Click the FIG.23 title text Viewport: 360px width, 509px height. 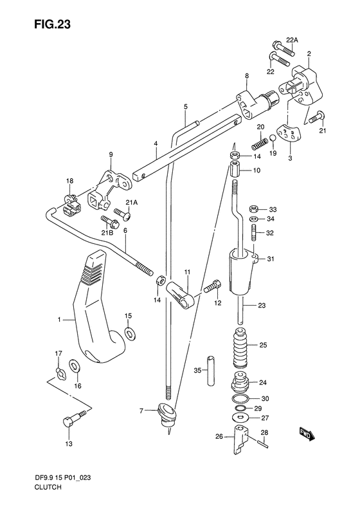(52, 24)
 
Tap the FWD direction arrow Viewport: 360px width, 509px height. (306, 434)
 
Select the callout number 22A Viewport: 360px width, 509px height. (292, 41)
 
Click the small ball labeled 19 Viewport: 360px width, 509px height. (273, 138)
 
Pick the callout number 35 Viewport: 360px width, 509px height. (197, 370)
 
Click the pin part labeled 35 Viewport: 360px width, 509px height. (212, 371)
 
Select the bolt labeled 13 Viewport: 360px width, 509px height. (74, 420)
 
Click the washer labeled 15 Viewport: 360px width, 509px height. (130, 334)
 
